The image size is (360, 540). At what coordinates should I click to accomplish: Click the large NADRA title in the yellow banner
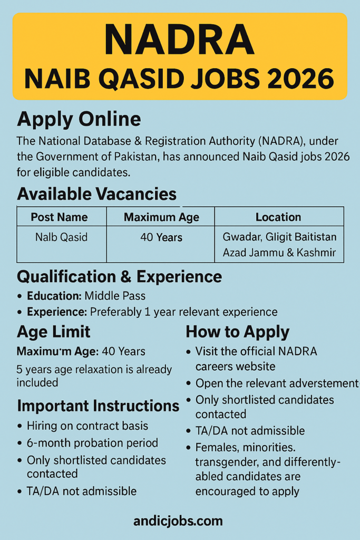click(x=179, y=40)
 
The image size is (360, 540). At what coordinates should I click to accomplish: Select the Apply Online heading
click(x=79, y=119)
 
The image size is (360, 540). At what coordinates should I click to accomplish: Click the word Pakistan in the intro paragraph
click(x=147, y=157)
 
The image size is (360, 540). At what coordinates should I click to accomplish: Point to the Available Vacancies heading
click(x=96, y=194)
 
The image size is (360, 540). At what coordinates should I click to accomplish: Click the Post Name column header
click(x=59, y=217)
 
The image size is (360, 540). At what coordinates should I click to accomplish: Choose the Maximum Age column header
click(x=161, y=217)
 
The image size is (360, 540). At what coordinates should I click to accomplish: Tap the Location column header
click(x=278, y=217)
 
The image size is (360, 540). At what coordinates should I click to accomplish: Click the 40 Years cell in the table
click(x=161, y=238)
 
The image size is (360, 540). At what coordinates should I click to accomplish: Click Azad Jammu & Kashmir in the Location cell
click(x=279, y=253)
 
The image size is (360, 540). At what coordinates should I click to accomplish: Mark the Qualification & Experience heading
click(x=119, y=277)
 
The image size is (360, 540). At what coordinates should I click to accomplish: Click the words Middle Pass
click(x=115, y=296)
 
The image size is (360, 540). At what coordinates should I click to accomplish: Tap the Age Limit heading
click(x=54, y=332)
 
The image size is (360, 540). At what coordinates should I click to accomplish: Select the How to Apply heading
click(x=237, y=332)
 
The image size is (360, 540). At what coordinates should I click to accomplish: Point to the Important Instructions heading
click(x=98, y=406)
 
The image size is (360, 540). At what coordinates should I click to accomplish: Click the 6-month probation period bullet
click(x=92, y=442)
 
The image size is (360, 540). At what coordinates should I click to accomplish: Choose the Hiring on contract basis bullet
click(x=87, y=426)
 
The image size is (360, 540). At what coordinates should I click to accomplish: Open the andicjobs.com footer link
click(x=178, y=521)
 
